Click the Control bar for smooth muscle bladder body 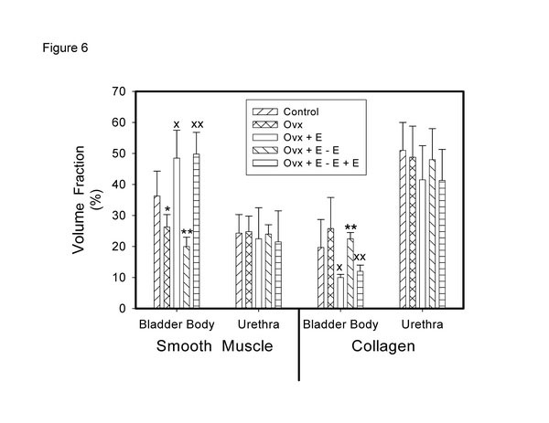157,252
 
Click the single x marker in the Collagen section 340,268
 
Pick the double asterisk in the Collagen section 350,227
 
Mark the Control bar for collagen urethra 403,228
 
